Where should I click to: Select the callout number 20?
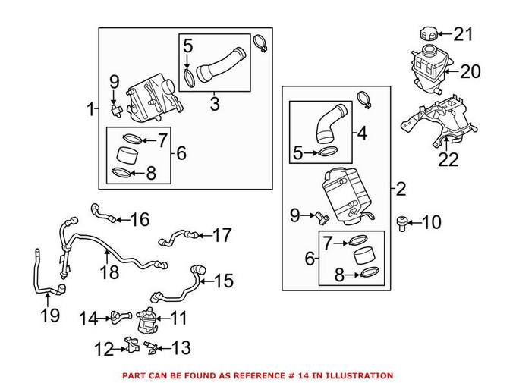tap(470, 72)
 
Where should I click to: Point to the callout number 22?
tap(449, 159)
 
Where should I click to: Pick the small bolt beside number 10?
tap(403, 221)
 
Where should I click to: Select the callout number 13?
tap(181, 348)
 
